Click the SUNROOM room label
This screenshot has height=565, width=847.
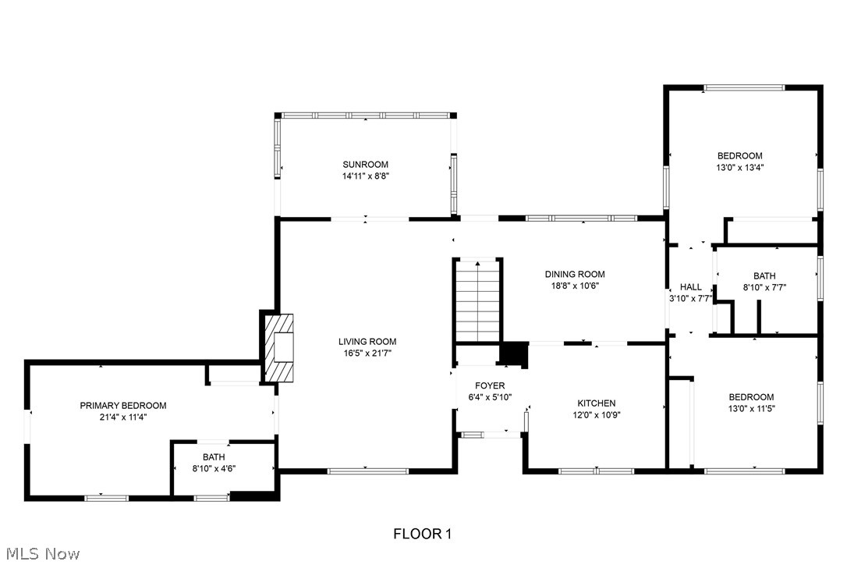pos(365,164)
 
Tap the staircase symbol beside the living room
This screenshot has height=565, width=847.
pos(477,300)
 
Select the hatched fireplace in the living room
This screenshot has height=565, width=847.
pos(278,347)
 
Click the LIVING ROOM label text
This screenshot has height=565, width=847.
pos(367,341)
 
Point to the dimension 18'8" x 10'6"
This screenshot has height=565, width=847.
pos(575,286)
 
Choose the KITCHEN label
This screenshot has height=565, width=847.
pos(597,403)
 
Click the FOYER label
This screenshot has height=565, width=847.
pos(490,386)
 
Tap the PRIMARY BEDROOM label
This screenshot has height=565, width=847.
pos(123,405)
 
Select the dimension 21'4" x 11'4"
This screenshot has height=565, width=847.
pos(123,418)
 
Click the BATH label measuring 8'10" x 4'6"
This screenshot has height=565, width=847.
pos(214,457)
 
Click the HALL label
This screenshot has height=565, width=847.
pos(690,286)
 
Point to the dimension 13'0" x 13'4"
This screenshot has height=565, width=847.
pos(740,167)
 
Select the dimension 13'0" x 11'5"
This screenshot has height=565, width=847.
pos(740,408)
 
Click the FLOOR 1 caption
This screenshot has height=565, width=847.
pos(422,534)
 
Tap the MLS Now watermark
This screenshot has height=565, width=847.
pos(41,553)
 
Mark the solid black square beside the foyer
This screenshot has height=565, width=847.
pos(513,354)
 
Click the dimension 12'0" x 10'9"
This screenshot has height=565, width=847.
pos(597,415)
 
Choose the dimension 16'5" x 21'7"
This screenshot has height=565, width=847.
pos(367,354)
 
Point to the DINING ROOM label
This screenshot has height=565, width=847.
pos(575,274)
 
